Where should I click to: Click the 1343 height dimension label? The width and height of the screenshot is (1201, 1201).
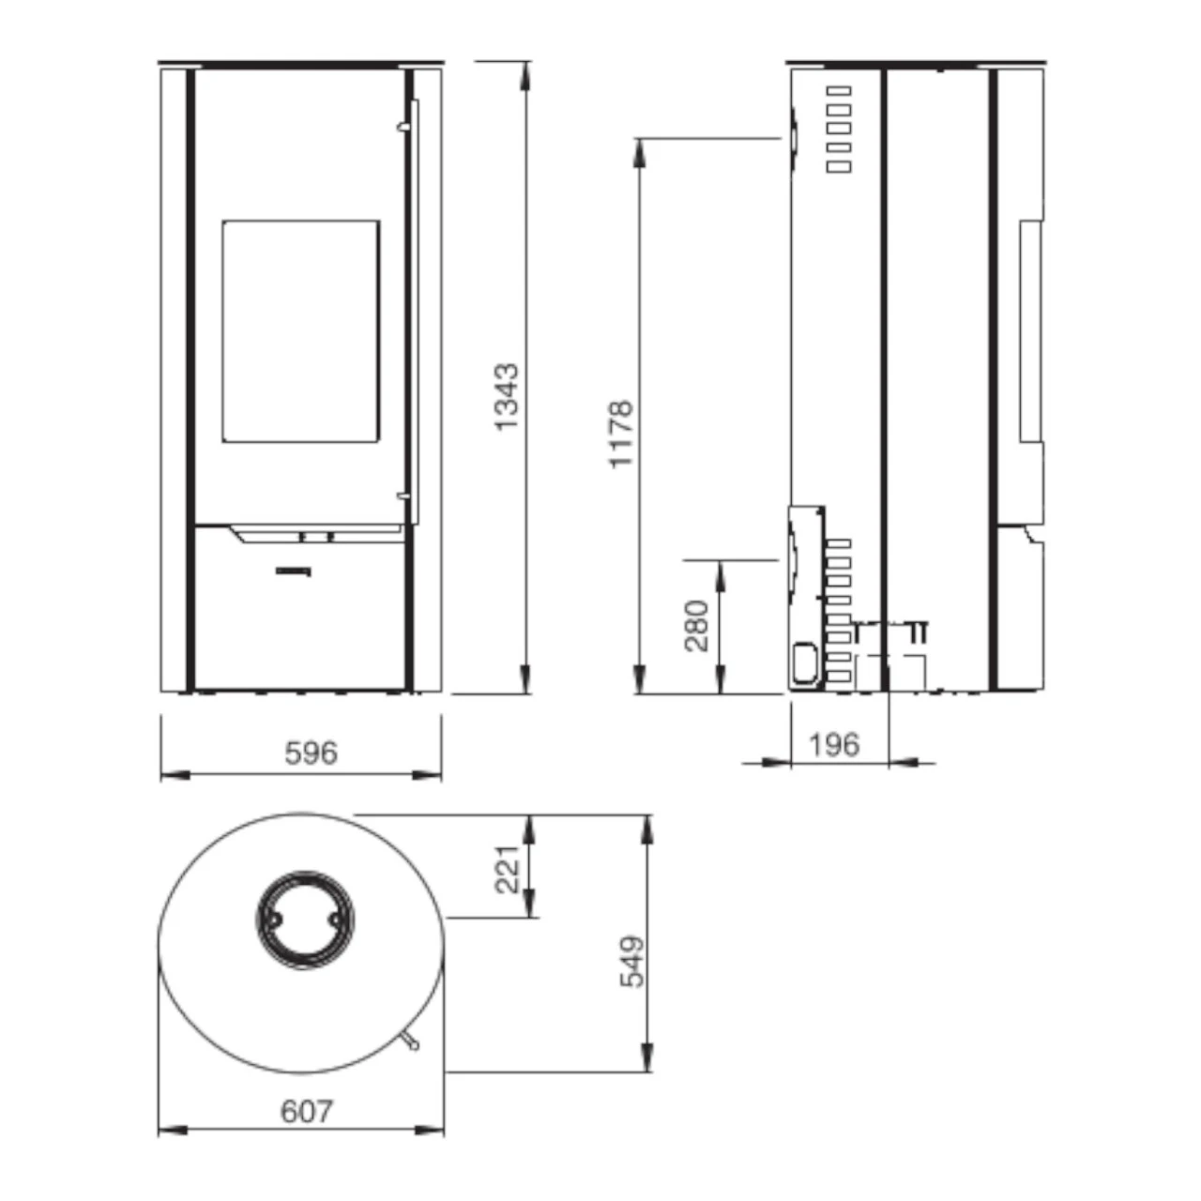pyautogui.click(x=506, y=397)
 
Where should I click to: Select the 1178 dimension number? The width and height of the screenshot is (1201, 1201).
pyautogui.click(x=621, y=434)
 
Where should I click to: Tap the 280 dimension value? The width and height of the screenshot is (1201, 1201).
pyautogui.click(x=697, y=626)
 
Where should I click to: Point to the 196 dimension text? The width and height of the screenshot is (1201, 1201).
pyautogui.click(x=833, y=745)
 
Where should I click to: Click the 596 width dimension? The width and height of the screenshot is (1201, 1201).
pyautogui.click(x=311, y=753)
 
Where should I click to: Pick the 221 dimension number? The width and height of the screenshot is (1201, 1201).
pyautogui.click(x=507, y=869)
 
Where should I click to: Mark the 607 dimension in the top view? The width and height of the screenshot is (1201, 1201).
pyautogui.click(x=307, y=1111)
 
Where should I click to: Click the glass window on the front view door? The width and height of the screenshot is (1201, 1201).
pyautogui.click(x=301, y=331)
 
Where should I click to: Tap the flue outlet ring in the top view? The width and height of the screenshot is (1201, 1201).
pyautogui.click(x=303, y=920)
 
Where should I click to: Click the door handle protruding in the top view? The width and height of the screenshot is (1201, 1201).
pyautogui.click(x=411, y=1041)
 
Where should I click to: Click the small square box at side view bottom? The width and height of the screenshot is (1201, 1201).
pyautogui.click(x=803, y=661)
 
